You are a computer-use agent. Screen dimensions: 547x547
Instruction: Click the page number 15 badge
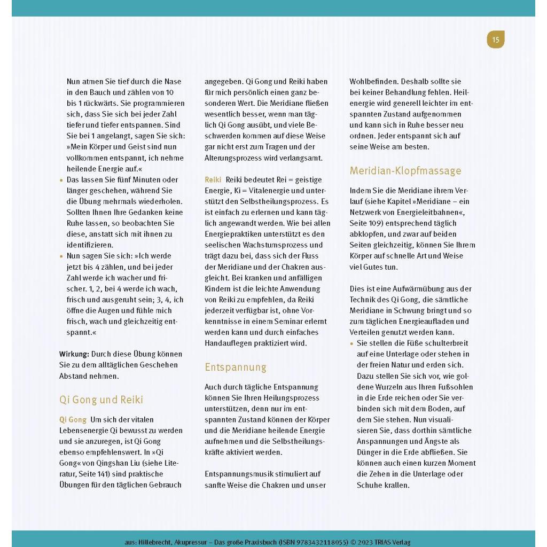click(x=495, y=40)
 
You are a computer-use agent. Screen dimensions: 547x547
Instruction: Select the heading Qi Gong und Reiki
click(x=101, y=400)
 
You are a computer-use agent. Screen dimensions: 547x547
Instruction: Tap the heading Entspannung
click(x=235, y=367)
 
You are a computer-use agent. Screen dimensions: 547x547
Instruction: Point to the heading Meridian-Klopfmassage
click(x=405, y=170)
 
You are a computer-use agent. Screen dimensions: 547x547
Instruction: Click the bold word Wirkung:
click(x=74, y=354)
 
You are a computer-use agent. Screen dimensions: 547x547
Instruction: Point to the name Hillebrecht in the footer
click(x=155, y=542)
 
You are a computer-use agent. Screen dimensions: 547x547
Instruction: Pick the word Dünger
click(x=369, y=452)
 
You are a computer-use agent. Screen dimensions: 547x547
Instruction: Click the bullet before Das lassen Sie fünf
click(x=61, y=180)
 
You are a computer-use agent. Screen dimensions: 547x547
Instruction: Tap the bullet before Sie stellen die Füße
click(x=351, y=343)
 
